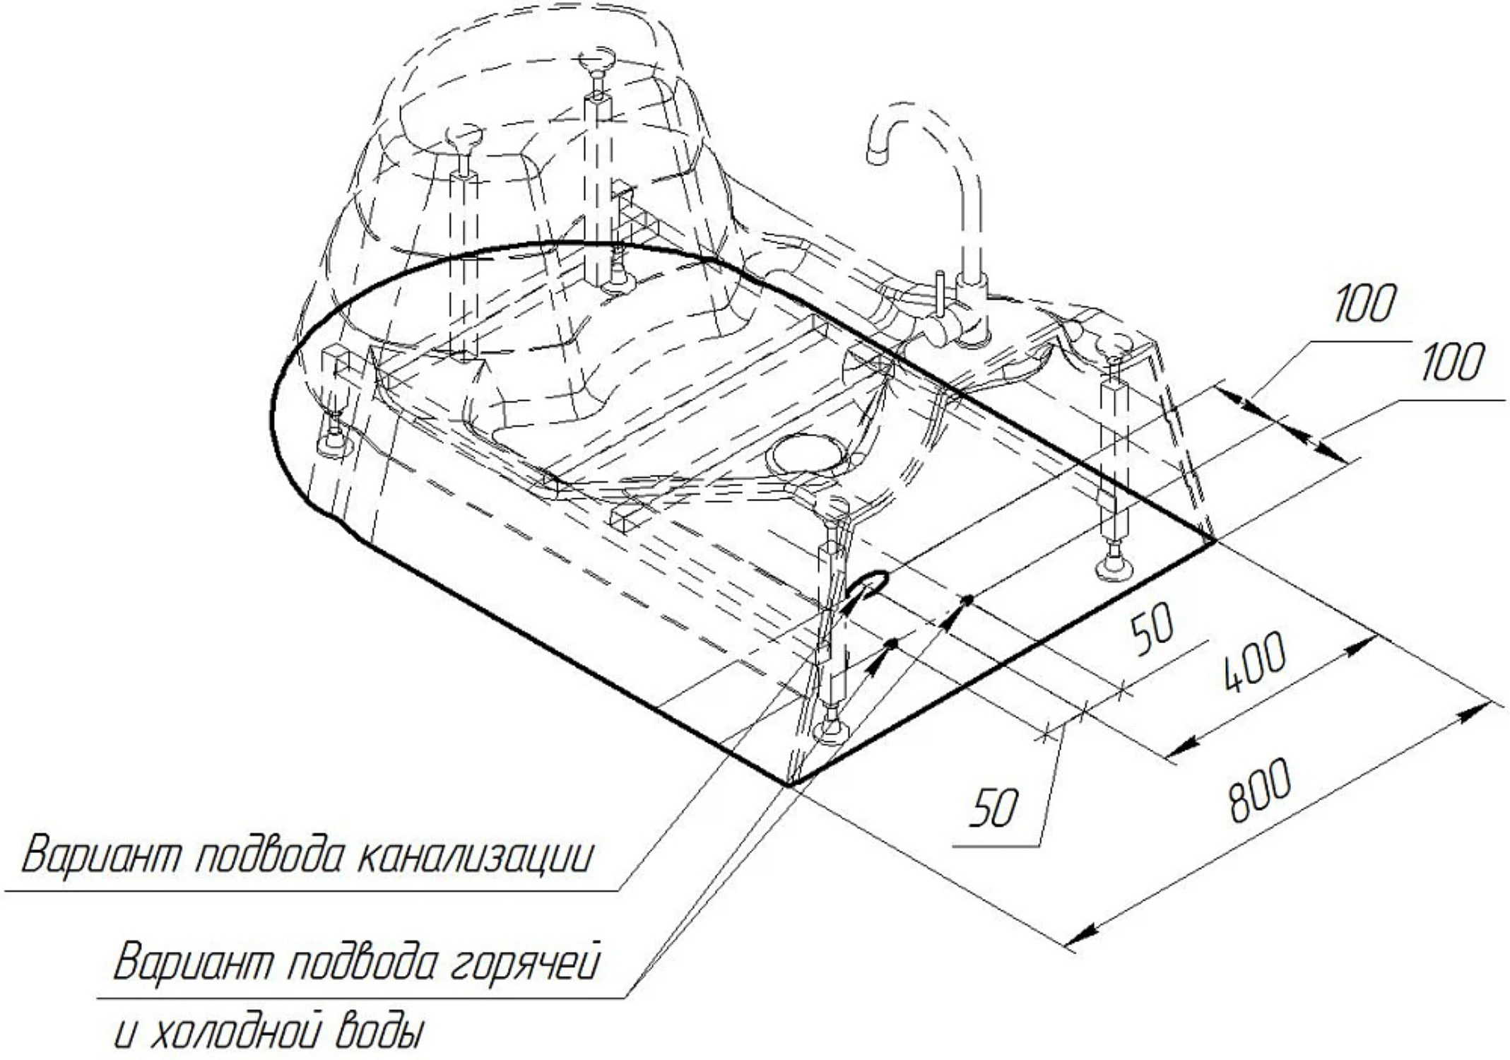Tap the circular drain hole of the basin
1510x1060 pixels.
point(806,453)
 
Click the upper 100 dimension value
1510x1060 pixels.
point(1364,304)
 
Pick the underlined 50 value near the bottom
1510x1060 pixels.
point(994,808)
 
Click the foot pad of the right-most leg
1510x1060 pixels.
point(1116,567)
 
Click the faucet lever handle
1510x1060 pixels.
point(940,290)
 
